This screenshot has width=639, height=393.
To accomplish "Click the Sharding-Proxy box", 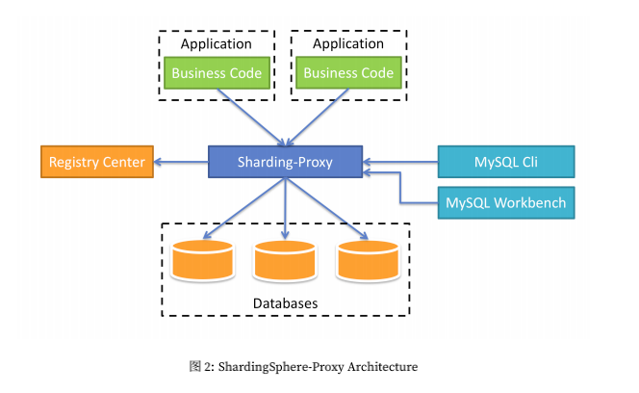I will point(285,162).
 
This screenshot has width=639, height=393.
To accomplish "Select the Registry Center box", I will point(96,162).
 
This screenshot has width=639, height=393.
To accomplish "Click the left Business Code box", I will point(216,73).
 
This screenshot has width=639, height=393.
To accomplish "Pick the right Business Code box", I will point(347,73).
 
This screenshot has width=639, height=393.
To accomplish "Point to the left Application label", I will point(216,44).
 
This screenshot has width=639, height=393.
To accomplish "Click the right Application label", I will point(347,44).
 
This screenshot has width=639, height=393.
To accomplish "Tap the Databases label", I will point(285,303).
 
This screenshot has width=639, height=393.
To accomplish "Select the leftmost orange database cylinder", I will point(202,261).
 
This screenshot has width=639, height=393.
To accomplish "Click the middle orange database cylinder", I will point(285,261).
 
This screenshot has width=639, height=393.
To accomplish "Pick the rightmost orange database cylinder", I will point(369,261).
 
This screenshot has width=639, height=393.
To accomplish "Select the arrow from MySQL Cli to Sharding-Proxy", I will point(399,162).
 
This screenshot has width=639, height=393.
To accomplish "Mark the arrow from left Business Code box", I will point(248,116).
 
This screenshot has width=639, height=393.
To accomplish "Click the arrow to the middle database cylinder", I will point(285,207).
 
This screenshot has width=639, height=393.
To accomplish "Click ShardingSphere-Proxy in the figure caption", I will point(280,366).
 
